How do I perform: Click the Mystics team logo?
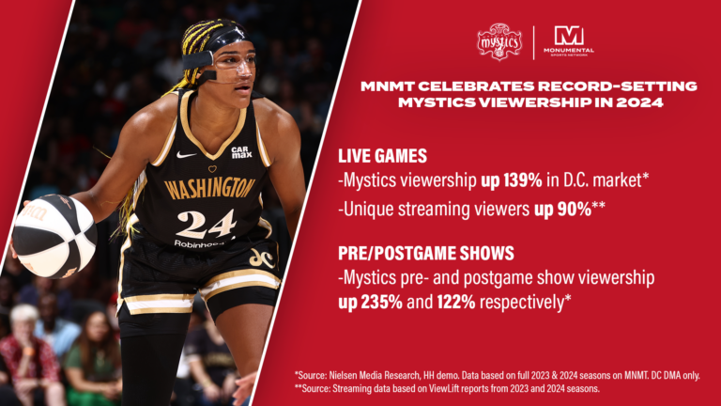click(x=499, y=42)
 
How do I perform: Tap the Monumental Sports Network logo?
click(x=569, y=40)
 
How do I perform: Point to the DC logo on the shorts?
click(x=261, y=257)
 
